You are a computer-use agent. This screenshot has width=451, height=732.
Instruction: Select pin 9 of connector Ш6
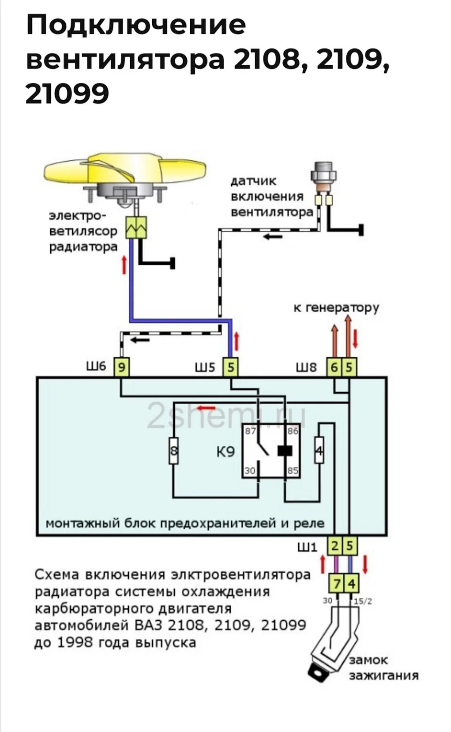click(122, 367)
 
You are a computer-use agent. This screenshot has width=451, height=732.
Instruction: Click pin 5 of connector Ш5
click(230, 367)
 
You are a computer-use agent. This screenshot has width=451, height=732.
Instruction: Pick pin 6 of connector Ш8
click(334, 367)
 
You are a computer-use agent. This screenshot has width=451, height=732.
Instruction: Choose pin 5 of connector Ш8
click(349, 367)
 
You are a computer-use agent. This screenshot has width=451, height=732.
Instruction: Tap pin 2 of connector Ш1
click(335, 546)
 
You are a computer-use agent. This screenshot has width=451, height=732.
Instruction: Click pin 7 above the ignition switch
click(337, 584)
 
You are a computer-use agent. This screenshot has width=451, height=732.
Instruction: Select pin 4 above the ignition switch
click(351, 584)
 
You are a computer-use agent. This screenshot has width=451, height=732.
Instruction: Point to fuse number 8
click(174, 451)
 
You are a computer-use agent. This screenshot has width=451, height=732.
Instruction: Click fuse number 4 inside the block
click(319, 450)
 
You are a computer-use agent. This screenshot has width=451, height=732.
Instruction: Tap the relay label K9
click(225, 452)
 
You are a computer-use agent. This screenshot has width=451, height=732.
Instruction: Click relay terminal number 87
click(250, 431)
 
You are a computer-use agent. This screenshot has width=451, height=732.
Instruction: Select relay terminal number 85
click(293, 470)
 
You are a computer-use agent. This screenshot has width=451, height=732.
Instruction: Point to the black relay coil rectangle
click(285, 450)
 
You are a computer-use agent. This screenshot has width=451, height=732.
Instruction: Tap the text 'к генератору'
click(336, 308)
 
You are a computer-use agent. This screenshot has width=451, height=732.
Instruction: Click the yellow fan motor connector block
click(136, 228)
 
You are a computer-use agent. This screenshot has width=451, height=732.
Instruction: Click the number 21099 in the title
click(67, 94)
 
